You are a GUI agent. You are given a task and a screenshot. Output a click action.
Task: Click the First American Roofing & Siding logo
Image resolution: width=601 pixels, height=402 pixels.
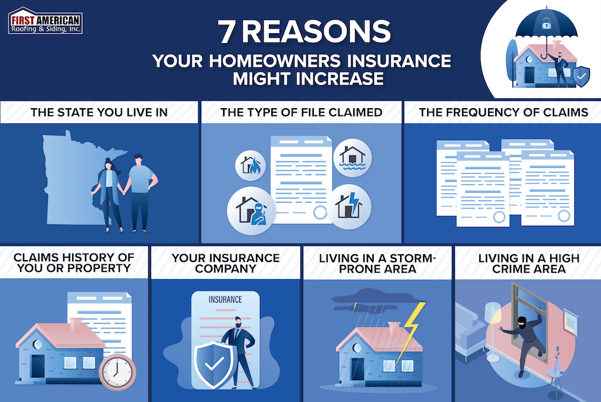(46, 21)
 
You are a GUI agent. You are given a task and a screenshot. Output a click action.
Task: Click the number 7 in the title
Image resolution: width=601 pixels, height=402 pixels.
(227, 33)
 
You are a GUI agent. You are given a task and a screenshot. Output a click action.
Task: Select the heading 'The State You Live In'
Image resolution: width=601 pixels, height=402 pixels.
(99, 112)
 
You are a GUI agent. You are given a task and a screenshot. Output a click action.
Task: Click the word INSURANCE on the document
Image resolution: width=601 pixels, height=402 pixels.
(225, 299)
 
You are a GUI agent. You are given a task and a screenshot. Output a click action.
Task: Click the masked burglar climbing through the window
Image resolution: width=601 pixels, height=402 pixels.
(522, 339)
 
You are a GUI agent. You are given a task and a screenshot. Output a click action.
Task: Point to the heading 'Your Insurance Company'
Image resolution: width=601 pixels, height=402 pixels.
(225, 263)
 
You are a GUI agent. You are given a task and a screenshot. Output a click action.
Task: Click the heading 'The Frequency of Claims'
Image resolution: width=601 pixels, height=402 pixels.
(503, 112)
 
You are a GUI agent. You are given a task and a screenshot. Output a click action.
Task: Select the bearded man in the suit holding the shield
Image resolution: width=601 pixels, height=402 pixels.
(241, 349)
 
